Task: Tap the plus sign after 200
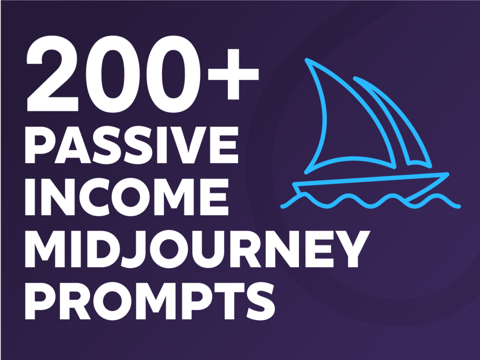pyautogui.click(x=233, y=74)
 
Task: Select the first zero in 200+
pyautogui.click(x=113, y=74)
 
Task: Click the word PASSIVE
pyautogui.click(x=131, y=145)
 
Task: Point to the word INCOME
pyautogui.click(x=127, y=197)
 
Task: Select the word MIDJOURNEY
pyautogui.click(x=197, y=249)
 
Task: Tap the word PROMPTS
pyautogui.click(x=149, y=301)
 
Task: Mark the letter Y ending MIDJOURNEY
pyautogui.click(x=352, y=249)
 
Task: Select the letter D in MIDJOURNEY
pyautogui.click(x=100, y=249)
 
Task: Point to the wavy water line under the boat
pyautogui.click(x=371, y=201)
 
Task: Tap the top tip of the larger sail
pyautogui.click(x=307, y=60)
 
